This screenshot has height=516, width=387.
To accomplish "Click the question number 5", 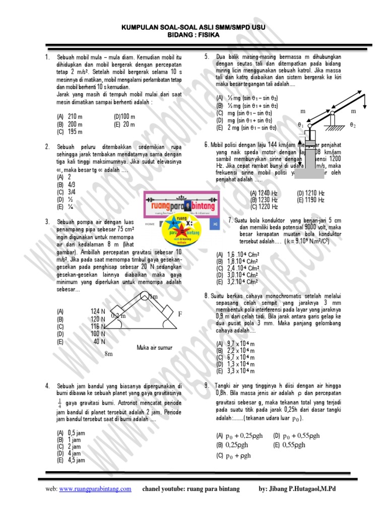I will (x=207, y=56).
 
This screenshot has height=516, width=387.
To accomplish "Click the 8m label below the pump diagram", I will (x=108, y=354).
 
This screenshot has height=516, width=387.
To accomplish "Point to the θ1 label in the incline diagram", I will (x=300, y=124).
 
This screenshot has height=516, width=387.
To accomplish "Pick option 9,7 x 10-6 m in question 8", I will (x=236, y=343).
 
